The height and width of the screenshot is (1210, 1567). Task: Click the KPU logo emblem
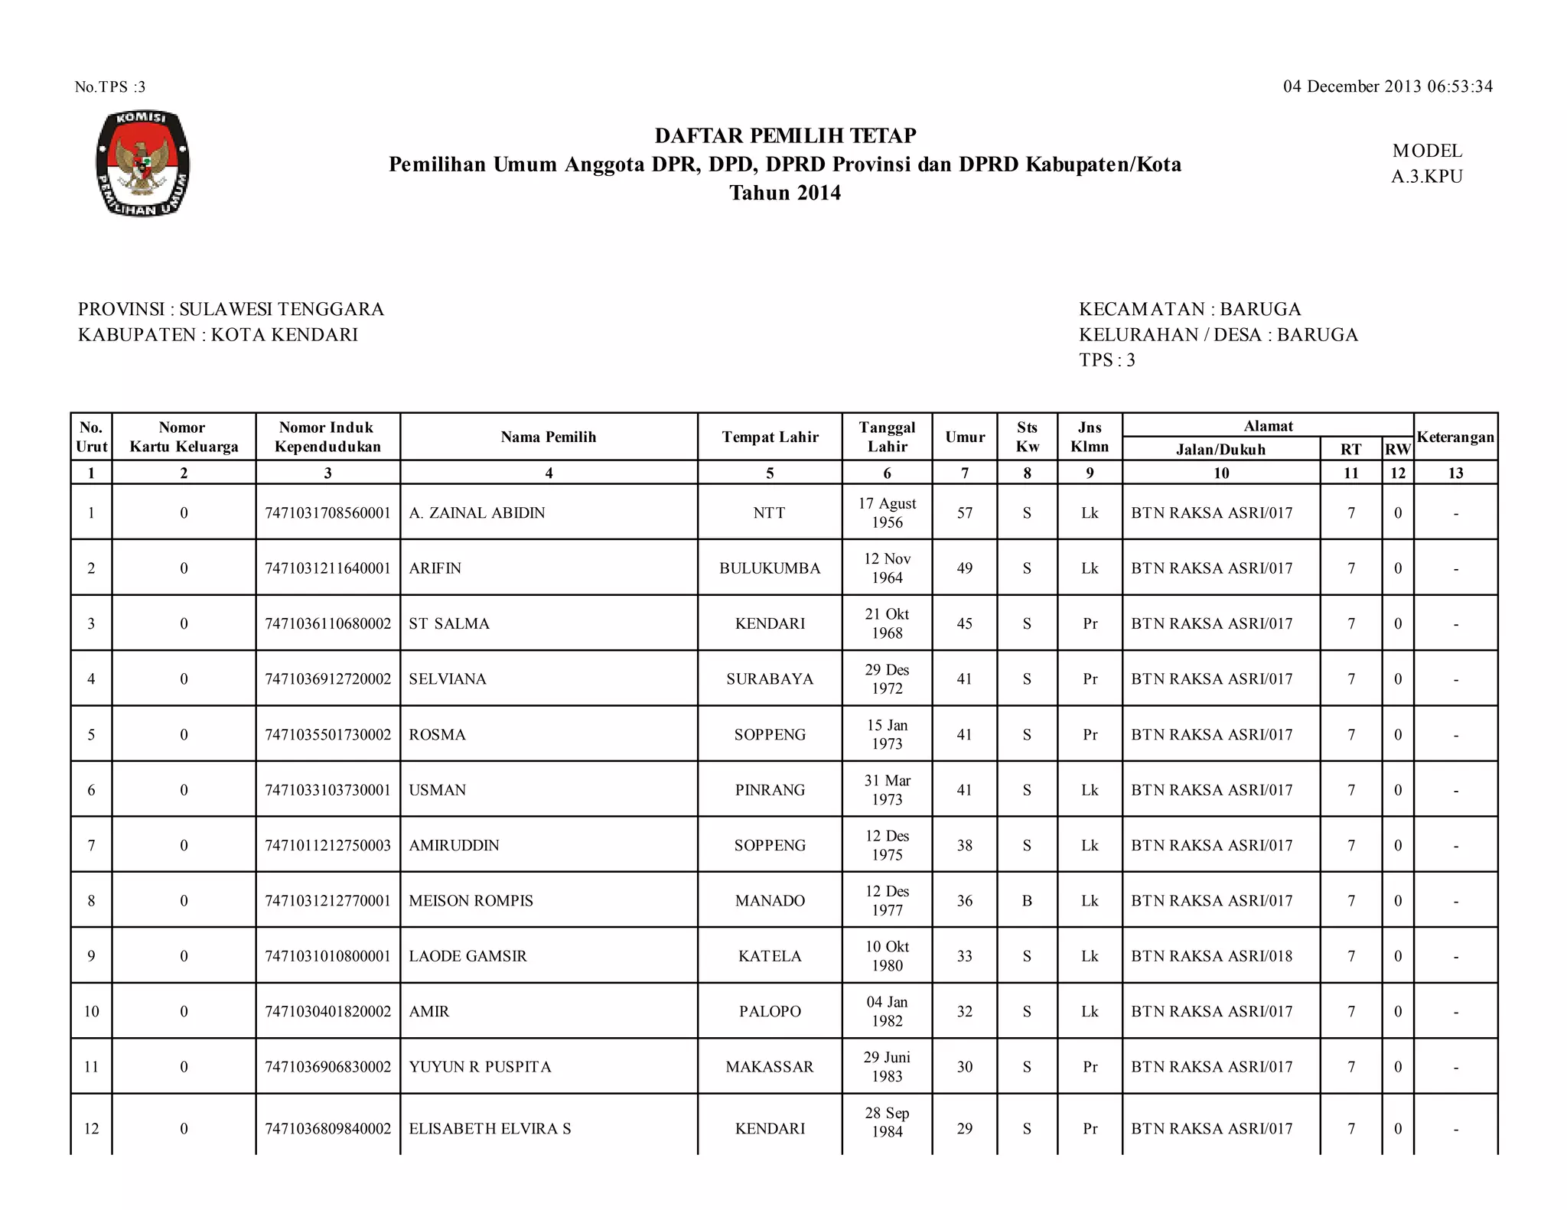[x=142, y=164]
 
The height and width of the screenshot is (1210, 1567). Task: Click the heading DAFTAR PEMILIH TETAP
[x=785, y=135]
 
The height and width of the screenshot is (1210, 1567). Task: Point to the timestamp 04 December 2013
[x=1387, y=86]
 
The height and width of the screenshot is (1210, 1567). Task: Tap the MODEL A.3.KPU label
[x=1426, y=164]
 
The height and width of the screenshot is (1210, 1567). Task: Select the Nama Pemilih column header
[x=548, y=437]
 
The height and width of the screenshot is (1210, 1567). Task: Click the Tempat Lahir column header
[x=770, y=437]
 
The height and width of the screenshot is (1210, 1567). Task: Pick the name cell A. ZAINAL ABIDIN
[x=477, y=512]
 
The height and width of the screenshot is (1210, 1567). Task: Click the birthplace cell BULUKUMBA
[x=770, y=568]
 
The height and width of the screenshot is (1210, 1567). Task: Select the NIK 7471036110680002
[x=327, y=623]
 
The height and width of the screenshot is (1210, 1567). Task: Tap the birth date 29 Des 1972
[x=887, y=678]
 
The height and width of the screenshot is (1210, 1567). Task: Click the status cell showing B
[x=1027, y=900]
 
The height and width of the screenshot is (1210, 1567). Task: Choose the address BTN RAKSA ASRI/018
[x=1211, y=956]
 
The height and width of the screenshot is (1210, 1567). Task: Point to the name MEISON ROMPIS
[x=471, y=900]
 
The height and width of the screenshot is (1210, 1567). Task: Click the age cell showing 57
[x=965, y=512]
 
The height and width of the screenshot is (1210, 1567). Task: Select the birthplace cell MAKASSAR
[x=770, y=1066]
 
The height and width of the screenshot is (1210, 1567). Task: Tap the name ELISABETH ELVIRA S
[x=490, y=1128]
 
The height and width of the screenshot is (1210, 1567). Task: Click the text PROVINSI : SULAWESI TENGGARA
[x=231, y=309]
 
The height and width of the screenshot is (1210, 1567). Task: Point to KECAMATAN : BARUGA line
[x=1190, y=309]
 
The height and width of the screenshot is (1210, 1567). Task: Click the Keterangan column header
[x=1455, y=437]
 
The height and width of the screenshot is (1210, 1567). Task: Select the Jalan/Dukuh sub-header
[x=1220, y=450]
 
